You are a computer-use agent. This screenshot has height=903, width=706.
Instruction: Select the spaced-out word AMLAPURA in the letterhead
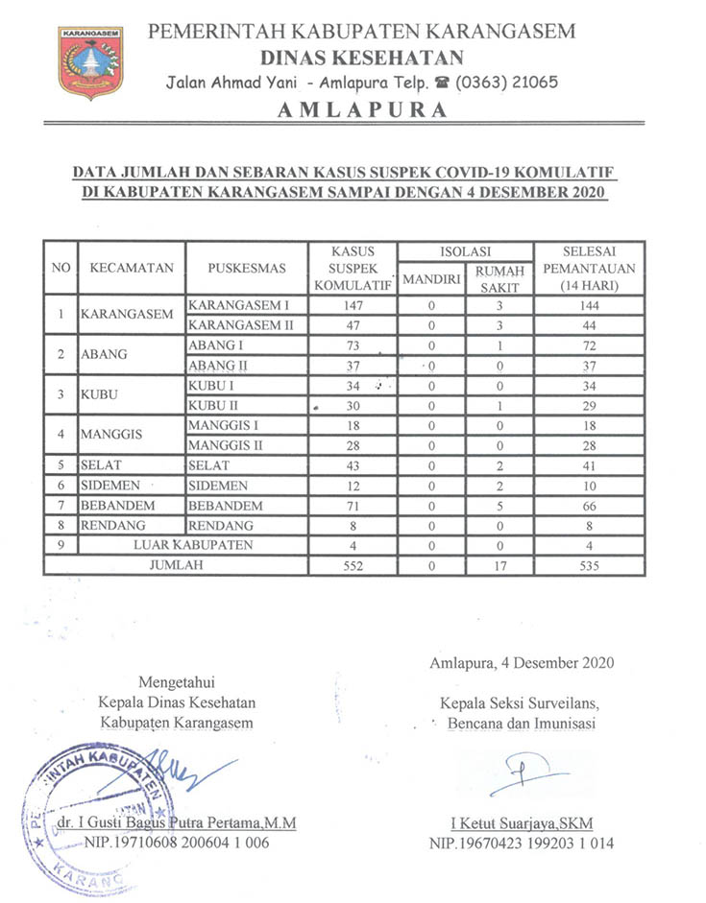(x=362, y=109)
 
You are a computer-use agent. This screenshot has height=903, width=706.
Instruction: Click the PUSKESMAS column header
(x=245, y=268)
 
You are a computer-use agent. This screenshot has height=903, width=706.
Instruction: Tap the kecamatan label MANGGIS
(x=111, y=435)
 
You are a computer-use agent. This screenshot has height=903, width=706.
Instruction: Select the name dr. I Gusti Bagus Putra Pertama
(x=176, y=824)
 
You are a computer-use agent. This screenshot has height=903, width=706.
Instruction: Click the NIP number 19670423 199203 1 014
(x=523, y=844)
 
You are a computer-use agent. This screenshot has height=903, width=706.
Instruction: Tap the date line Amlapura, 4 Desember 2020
(x=520, y=662)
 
